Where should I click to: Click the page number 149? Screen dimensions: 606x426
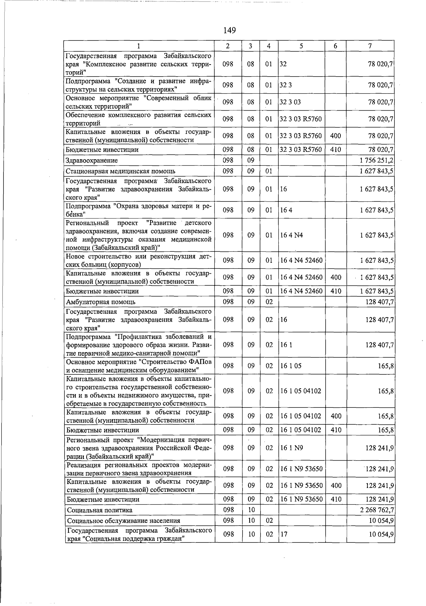(230, 30)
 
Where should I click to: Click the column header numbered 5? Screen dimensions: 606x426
(301, 46)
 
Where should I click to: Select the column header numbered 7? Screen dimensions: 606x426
(370, 46)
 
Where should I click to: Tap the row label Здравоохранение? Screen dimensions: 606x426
(92, 161)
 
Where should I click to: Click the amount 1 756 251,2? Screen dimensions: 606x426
(376, 160)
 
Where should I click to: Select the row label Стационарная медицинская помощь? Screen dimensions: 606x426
(121, 172)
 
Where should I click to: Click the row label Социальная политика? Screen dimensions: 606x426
(99, 510)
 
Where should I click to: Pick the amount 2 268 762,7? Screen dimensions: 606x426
(376, 510)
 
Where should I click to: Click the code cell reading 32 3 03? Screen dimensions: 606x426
(290, 102)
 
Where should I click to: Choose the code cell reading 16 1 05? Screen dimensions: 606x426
(291, 366)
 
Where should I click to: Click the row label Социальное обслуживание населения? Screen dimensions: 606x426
(123, 521)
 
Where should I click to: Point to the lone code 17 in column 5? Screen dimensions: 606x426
(284, 534)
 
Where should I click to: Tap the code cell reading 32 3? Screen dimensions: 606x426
(286, 85)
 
